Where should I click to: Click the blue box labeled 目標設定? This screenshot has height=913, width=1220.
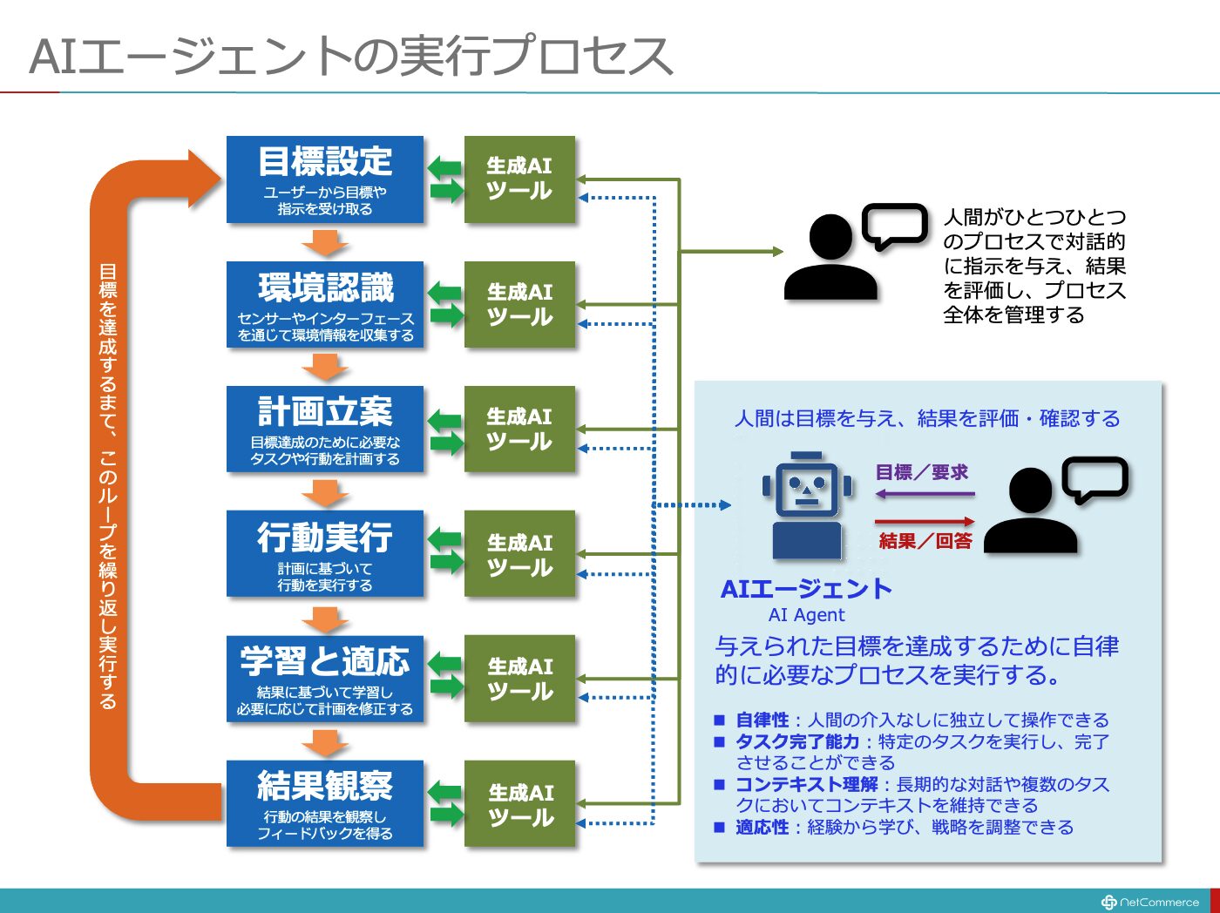tap(325, 179)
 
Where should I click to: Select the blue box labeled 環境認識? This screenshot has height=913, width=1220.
tap(325, 305)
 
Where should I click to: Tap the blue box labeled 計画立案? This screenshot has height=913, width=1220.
tap(325, 429)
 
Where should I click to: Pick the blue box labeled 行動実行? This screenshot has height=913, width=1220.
tap(325, 553)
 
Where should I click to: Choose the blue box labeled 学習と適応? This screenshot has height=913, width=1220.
tap(325, 679)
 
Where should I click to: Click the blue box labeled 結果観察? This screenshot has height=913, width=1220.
tap(325, 803)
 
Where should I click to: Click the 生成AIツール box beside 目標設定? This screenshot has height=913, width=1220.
tap(519, 179)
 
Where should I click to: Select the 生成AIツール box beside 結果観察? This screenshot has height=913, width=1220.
tap(519, 803)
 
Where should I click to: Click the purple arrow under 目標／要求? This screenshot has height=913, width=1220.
tap(925, 493)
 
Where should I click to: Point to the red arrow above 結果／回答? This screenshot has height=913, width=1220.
tap(925, 522)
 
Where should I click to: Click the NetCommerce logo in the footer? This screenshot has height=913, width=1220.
tap(1149, 902)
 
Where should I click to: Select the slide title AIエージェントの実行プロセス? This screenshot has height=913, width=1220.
tap(351, 56)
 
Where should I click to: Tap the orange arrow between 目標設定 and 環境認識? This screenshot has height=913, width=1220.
tap(325, 243)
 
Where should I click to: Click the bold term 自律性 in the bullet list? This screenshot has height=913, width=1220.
tap(762, 720)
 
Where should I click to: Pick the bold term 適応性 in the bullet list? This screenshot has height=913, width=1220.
tap(762, 828)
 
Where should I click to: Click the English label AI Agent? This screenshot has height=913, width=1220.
tap(806, 615)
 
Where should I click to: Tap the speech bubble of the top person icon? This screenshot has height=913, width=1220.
tap(895, 224)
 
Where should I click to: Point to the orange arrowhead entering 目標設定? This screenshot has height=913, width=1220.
tap(205, 179)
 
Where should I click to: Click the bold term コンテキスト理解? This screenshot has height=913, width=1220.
tap(806, 785)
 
